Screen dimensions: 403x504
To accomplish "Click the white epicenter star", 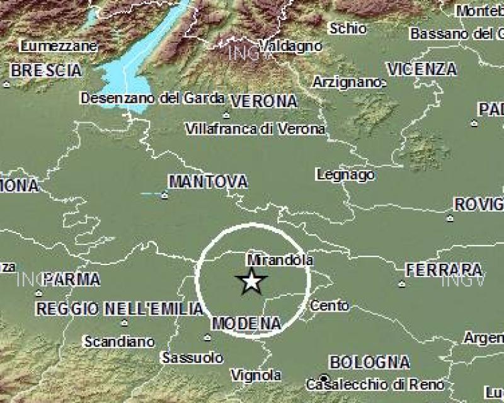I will point(252,281).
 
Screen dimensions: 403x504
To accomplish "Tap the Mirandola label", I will point(280,259).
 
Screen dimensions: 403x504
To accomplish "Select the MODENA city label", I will point(246,324).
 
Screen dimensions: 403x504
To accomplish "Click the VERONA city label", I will point(264,101).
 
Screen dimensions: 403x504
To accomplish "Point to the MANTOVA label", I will point(208,182).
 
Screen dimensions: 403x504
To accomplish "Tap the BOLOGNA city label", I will point(370,363).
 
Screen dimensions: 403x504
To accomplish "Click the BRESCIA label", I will point(46,70).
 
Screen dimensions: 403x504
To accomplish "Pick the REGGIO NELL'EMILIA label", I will point(120,309).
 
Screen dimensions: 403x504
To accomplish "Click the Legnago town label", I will point(345,174).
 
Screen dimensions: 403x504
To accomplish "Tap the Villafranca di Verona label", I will point(256,129).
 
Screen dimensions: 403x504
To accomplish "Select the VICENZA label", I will point(422,69).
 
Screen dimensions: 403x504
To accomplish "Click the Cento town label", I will point(330,306).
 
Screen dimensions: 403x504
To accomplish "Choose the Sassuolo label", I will point(193,358).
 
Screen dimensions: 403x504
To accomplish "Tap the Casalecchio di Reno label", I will point(375,384).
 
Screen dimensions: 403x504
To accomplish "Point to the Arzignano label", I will point(347,82).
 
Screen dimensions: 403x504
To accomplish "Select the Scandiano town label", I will point(119,342).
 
